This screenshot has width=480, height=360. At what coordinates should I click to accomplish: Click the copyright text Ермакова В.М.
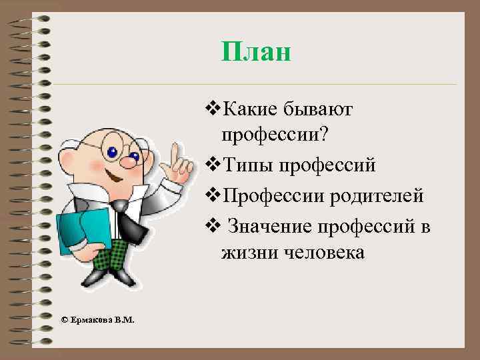pyautogui.click(x=97, y=320)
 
